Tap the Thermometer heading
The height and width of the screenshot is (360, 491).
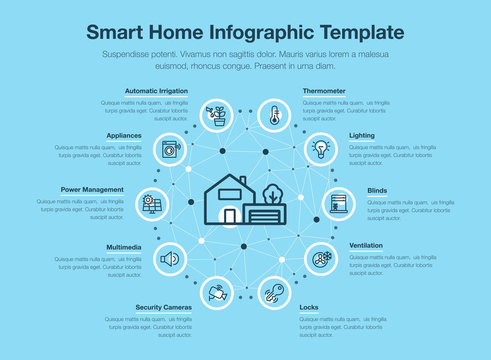[x=326, y=91]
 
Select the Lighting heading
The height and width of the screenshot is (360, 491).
[x=362, y=135]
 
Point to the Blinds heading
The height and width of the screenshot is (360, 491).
[x=377, y=189]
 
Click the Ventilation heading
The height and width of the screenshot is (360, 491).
[x=365, y=245]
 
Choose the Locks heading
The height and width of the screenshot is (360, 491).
[x=309, y=307]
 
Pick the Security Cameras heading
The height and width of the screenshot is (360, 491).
[x=163, y=307]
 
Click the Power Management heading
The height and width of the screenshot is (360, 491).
[x=92, y=189]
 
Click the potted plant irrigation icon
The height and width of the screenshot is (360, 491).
[x=217, y=115]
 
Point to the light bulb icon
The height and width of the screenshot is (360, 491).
[x=321, y=149]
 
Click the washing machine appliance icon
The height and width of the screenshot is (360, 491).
[x=169, y=149]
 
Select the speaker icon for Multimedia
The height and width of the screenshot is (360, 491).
[x=169, y=259]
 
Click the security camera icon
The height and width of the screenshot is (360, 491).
[x=217, y=293]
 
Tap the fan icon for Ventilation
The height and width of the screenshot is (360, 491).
[x=321, y=259]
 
